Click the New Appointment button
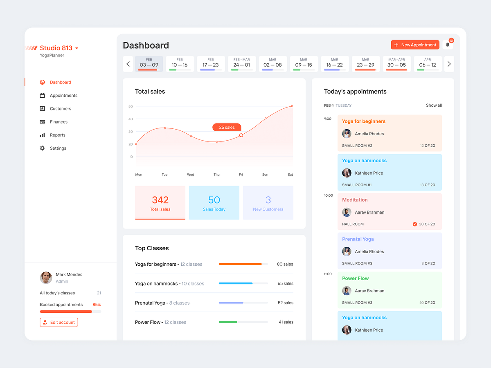[x=415, y=45]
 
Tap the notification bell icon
[x=448, y=45]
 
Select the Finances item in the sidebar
[x=59, y=122]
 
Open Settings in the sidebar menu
[x=58, y=148]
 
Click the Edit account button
[x=59, y=322]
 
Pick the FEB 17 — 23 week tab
[x=210, y=64]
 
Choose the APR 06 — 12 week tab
[x=428, y=64]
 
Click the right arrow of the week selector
[x=449, y=64]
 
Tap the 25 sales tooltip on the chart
[x=227, y=127]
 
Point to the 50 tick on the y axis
[x=131, y=106]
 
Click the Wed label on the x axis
[x=191, y=175]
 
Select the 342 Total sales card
[x=160, y=203]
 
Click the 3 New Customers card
[x=268, y=203]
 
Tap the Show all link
[x=434, y=105]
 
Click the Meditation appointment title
[x=355, y=200]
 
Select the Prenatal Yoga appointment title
[x=358, y=239]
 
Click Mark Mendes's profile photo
[x=46, y=278]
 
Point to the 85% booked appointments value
[x=97, y=305]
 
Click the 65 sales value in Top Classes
[x=285, y=283]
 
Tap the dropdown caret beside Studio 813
[x=77, y=48]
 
